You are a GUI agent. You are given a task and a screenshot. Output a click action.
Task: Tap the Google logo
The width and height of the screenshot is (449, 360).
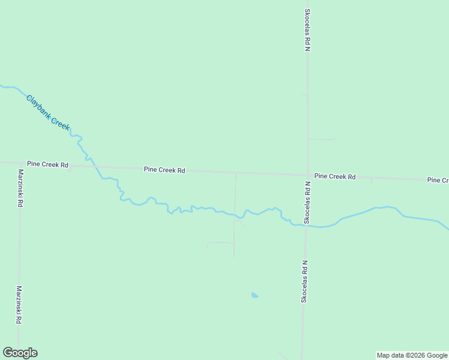[20, 353]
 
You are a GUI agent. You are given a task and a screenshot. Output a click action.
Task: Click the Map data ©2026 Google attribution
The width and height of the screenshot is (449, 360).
[412, 355]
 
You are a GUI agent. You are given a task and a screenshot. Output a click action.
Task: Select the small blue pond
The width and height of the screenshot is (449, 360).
[255, 295]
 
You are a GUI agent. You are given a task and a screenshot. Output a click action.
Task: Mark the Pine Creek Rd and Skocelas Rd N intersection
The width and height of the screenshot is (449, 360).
[307, 175]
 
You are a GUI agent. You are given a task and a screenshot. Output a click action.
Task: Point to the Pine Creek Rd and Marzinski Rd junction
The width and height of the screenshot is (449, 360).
[19, 163]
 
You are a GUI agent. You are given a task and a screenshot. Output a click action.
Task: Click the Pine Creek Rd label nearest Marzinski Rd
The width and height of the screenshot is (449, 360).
[47, 164]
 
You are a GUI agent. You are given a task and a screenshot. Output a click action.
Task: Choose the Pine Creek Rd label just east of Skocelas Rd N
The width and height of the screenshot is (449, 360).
[335, 176]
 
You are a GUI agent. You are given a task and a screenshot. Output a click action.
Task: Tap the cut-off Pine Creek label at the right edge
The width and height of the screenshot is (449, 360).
[438, 180]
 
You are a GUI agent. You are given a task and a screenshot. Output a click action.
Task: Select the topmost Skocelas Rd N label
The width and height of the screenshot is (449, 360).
[307, 30]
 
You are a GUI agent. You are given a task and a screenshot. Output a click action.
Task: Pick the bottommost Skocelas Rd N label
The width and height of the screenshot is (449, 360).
[304, 281]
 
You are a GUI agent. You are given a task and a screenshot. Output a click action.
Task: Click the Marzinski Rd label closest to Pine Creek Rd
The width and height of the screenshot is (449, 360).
[20, 188]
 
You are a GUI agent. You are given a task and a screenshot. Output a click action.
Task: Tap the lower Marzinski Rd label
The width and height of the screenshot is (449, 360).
[19, 305]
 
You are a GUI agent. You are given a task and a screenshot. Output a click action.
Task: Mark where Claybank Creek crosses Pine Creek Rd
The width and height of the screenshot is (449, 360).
[96, 166]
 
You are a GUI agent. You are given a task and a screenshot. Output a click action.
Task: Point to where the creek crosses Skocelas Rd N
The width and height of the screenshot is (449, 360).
[306, 226]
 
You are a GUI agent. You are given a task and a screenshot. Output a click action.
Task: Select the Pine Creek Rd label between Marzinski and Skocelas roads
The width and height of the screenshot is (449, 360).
[164, 170]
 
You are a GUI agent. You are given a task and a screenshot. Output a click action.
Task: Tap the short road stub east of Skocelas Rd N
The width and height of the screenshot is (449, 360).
[322, 139]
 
